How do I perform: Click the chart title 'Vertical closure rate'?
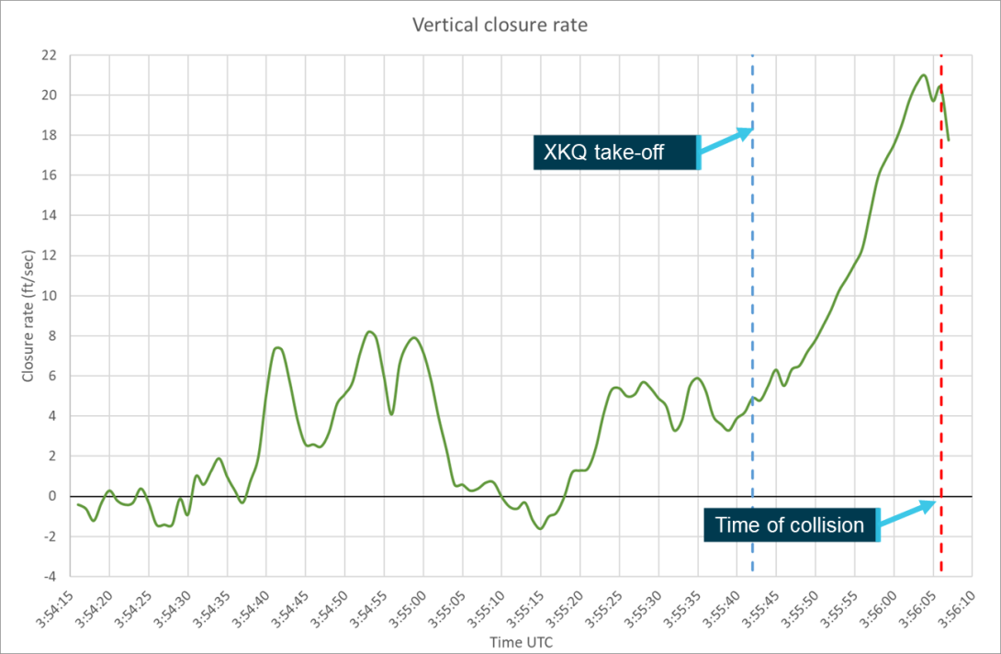tap(500, 26)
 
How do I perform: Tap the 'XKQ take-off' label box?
tap(615, 152)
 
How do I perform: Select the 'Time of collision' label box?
tap(790, 525)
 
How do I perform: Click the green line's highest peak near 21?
tap(923, 75)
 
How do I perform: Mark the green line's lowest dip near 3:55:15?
tap(540, 528)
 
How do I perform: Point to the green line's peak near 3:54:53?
tap(369, 332)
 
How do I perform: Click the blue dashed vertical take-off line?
tap(753, 276)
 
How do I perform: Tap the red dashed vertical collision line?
tap(941, 276)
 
